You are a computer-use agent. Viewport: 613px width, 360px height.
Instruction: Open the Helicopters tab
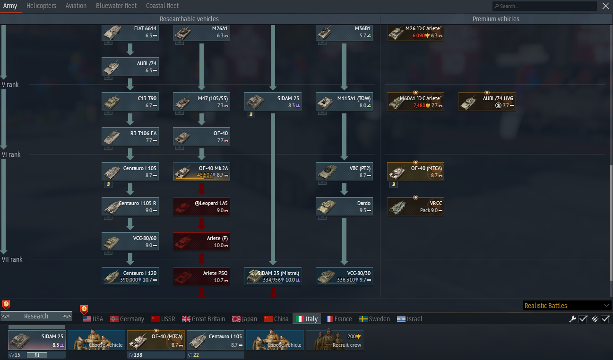pos(41,6)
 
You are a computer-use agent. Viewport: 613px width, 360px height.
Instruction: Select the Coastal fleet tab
pos(162,6)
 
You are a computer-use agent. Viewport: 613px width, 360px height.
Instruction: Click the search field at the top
pos(544,6)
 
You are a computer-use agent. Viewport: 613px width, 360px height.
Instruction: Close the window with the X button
pos(605,6)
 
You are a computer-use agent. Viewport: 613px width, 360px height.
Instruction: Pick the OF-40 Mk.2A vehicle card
pos(201,171)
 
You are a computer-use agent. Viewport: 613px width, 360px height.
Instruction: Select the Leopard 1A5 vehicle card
pos(201,206)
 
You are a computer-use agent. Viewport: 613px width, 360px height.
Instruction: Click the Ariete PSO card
pos(201,276)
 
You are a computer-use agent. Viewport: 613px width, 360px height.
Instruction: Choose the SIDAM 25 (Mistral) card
pos(273,276)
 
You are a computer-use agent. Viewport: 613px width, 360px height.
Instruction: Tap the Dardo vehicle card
pos(344,206)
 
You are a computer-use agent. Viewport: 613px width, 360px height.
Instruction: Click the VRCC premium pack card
pos(416,206)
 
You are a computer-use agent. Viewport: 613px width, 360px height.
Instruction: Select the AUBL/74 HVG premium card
pos(487,102)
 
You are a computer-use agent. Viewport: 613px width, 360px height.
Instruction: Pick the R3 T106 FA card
pos(130,137)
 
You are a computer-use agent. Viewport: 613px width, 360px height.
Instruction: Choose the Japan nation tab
pos(244,319)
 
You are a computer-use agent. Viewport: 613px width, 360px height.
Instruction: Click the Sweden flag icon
pos(363,319)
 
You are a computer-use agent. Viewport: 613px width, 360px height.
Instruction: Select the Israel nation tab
pos(409,319)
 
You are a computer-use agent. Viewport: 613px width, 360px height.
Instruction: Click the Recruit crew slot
pos(335,340)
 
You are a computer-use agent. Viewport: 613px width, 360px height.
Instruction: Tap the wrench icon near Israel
pos(572,319)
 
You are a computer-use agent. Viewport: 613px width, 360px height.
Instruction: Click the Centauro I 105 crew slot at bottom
pos(216,340)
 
